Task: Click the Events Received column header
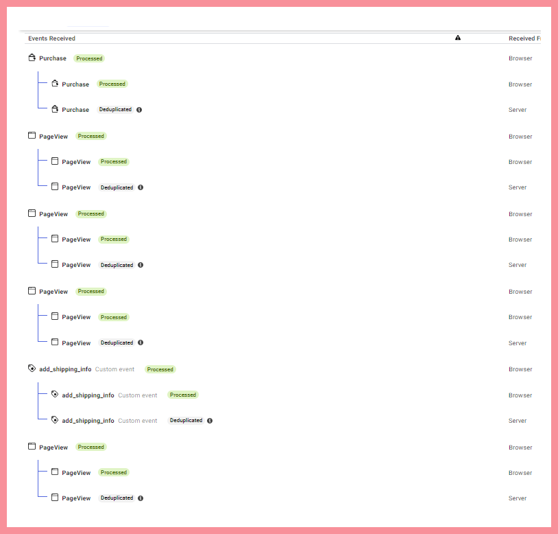point(51,38)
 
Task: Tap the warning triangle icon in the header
point(458,38)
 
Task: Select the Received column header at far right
point(524,38)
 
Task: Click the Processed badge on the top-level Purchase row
point(89,58)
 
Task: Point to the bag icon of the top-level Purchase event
point(32,58)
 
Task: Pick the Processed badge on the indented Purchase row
point(112,84)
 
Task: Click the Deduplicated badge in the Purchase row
point(115,109)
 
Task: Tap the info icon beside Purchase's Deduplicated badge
point(139,110)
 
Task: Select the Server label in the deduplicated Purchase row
point(518,110)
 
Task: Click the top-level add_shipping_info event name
point(65,369)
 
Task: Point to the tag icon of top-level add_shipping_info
point(32,369)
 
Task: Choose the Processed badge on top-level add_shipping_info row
point(160,369)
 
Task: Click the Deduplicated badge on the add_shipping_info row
point(186,420)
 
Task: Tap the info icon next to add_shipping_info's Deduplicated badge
point(210,421)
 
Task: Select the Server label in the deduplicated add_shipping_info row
point(518,421)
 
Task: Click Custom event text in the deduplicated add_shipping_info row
point(137,421)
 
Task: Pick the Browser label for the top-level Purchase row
point(520,58)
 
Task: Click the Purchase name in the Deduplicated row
point(75,110)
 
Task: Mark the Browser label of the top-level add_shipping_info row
point(520,369)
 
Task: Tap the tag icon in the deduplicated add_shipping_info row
point(55,419)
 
